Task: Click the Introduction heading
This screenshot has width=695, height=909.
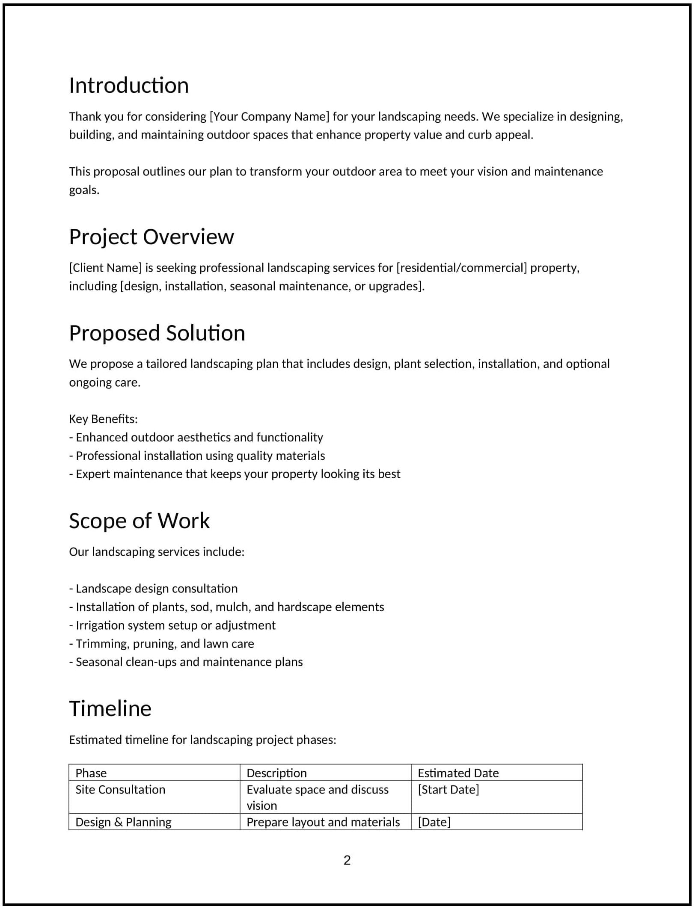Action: tap(129, 86)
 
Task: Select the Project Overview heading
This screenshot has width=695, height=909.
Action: tap(151, 237)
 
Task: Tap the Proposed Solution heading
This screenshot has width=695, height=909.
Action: tap(157, 333)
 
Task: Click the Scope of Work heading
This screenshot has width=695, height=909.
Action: tap(140, 521)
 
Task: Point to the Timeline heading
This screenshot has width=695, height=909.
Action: tap(110, 709)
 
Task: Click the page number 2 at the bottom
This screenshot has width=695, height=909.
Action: tap(347, 860)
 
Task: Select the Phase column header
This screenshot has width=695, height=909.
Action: tap(91, 773)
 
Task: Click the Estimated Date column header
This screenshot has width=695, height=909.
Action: tap(458, 773)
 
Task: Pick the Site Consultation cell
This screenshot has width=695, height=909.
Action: tap(120, 790)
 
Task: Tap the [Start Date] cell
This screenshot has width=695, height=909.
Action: tap(448, 790)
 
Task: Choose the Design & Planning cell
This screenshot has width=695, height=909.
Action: tap(123, 822)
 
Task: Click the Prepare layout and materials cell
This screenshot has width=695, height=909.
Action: tap(323, 822)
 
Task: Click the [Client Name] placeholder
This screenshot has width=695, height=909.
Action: tap(105, 268)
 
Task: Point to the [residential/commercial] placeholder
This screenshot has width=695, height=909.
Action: tap(461, 268)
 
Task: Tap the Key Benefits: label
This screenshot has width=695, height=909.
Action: tap(104, 419)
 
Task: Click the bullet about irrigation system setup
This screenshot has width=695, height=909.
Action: tap(172, 625)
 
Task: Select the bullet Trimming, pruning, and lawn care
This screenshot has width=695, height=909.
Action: tap(162, 644)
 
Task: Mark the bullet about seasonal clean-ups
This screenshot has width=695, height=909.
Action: tap(186, 662)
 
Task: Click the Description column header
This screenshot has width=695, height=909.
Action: tap(276, 773)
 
